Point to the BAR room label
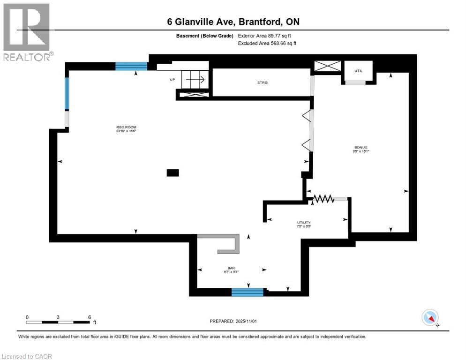click(x=231, y=270)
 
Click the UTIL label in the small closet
click(x=359, y=70)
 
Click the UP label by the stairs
click(x=173, y=80)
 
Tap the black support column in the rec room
click(x=173, y=172)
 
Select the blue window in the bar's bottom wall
click(x=248, y=292)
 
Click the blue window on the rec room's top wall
click(x=131, y=66)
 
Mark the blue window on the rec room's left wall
click(x=67, y=94)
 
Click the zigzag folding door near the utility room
click(x=323, y=199)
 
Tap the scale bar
click(x=58, y=322)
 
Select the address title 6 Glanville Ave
click(x=233, y=22)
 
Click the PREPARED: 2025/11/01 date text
click(x=233, y=321)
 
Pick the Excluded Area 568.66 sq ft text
click(x=267, y=43)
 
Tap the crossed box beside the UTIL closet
click(x=327, y=66)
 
